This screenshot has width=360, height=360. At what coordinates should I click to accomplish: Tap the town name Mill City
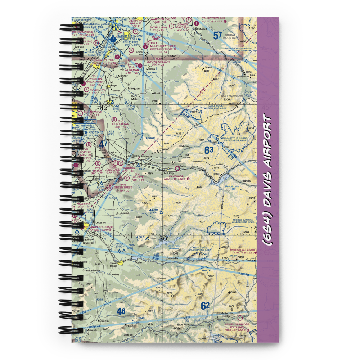[168, 173]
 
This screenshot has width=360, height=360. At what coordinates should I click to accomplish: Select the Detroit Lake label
[232, 186]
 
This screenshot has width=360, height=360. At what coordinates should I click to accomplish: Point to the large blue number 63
[209, 150]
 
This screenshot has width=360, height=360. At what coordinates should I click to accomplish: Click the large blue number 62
[205, 306]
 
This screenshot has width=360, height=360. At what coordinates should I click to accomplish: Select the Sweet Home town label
[114, 264]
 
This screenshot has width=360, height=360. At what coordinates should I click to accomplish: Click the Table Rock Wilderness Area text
[215, 107]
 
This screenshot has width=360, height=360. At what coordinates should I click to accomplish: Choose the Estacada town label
[201, 28]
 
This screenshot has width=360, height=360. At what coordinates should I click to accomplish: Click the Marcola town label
[103, 321]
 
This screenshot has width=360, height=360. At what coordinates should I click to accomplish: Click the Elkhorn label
[184, 146]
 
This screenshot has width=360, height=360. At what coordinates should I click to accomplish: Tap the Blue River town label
[183, 324]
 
